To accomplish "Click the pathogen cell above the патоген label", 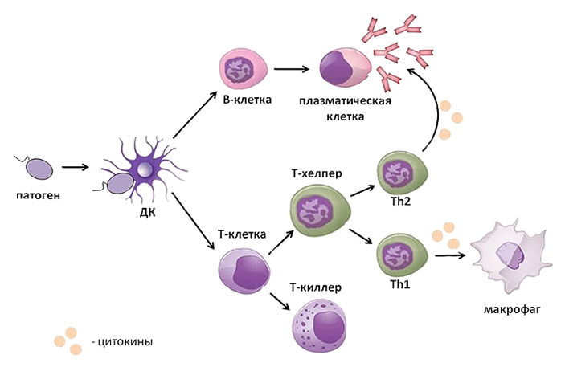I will (41, 169).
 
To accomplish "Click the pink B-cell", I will (240, 70).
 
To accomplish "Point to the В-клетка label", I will (246, 101).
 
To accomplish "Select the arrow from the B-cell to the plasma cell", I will (293, 70).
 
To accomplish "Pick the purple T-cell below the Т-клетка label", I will (240, 273).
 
